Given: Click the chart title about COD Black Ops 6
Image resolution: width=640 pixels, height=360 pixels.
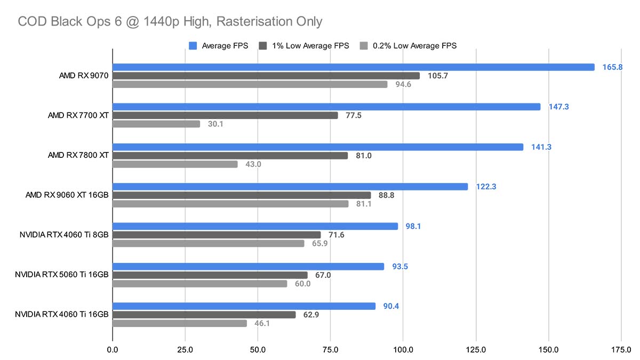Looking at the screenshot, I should click(170, 21).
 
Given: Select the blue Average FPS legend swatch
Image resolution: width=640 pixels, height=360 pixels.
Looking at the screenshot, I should click(193, 46).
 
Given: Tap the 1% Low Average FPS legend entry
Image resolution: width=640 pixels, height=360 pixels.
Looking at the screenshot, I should click(304, 46).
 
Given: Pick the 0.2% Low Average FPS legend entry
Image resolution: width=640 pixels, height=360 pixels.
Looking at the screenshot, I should click(409, 46).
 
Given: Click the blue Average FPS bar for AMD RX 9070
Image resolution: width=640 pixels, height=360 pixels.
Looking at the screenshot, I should click(353, 67).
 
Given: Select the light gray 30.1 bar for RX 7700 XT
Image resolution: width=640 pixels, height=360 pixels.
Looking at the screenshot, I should click(156, 124).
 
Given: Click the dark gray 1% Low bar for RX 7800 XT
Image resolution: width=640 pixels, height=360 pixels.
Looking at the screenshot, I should click(230, 156).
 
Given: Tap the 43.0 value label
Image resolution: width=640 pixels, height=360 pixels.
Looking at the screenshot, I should click(253, 164).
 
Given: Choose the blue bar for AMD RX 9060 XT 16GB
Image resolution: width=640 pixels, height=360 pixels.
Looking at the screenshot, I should click(290, 187).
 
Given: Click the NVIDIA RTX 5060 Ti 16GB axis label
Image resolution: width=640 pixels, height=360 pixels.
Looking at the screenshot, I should click(62, 275).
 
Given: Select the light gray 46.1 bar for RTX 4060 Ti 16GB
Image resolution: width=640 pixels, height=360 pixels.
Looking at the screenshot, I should click(180, 323).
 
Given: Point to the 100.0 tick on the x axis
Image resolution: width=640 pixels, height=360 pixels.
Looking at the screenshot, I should click(403, 350).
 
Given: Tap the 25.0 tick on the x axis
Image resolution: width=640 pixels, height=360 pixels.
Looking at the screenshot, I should click(185, 350).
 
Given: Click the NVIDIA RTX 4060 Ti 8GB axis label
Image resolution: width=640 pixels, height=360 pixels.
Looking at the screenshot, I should click(64, 235).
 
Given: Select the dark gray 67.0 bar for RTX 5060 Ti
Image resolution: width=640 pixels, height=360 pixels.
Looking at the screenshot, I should click(210, 275).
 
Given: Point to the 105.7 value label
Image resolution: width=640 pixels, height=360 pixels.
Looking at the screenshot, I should click(438, 76).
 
